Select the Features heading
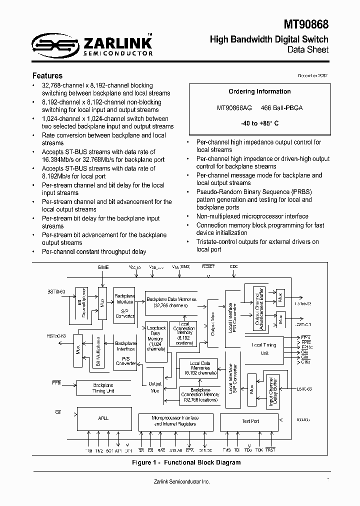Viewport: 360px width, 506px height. [47, 76]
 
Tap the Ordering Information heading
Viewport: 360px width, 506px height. [259, 91]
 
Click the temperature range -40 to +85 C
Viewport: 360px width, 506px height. [259, 123]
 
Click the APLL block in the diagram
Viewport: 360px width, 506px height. [103, 418]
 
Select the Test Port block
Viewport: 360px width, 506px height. [250, 421]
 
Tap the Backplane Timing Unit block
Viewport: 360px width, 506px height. [103, 388]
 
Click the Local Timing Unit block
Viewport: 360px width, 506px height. [264, 348]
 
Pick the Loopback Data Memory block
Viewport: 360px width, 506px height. [156, 338]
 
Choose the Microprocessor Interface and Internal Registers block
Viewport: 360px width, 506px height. [175, 421]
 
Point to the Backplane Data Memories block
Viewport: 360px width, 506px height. [171, 302]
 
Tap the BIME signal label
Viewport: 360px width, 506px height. [103, 267]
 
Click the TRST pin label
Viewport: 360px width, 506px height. [270, 450]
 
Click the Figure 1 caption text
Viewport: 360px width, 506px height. [186, 462]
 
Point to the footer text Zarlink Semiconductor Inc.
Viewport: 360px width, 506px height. [181, 481]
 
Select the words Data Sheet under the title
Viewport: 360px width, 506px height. [307, 49]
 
